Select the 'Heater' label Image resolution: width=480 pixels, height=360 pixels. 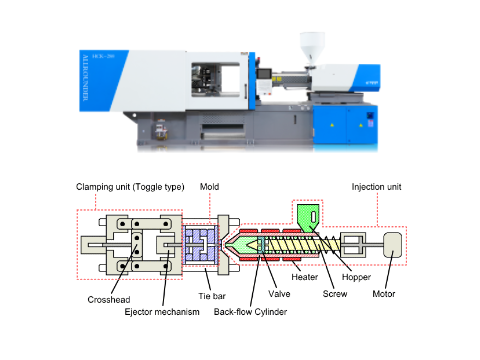click(305, 276)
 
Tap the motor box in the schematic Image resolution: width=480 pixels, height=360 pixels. click(390, 245)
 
